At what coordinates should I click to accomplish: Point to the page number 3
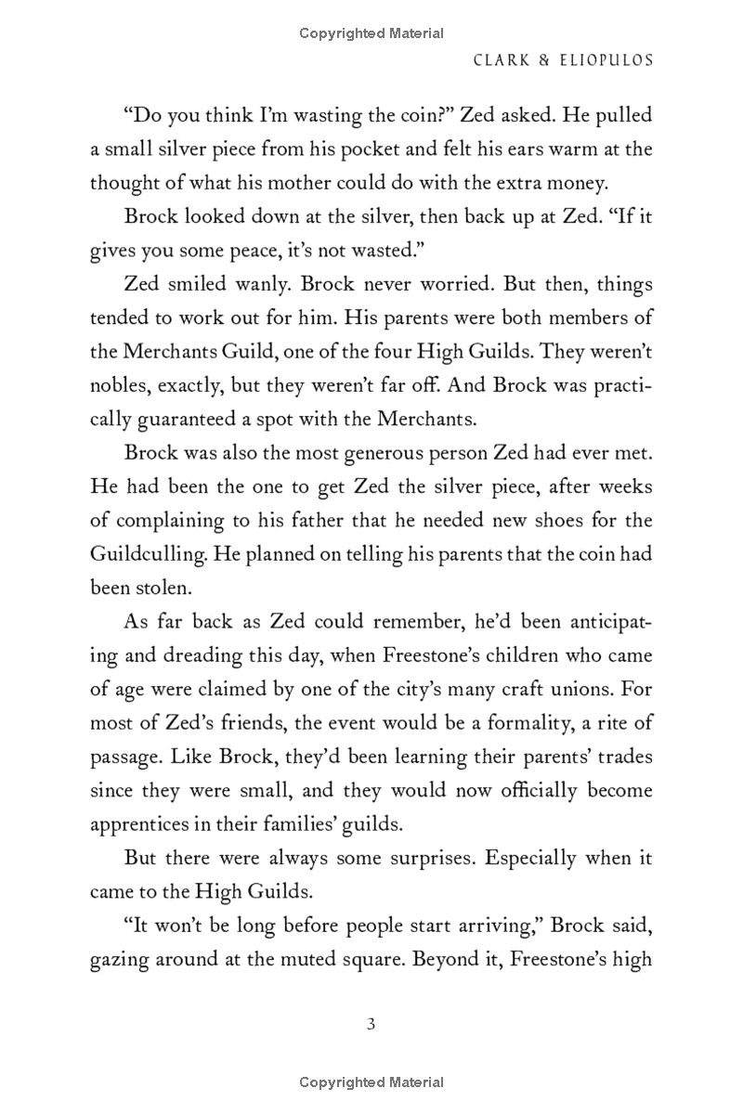click(x=371, y=1025)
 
